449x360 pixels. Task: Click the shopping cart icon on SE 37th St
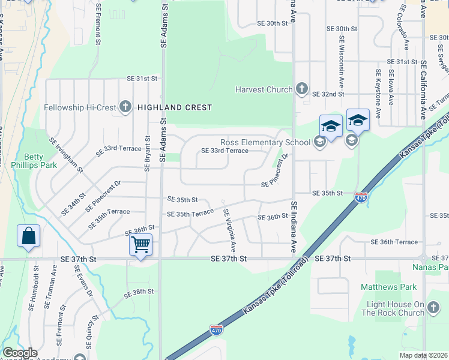pyautogui.click(x=140, y=244)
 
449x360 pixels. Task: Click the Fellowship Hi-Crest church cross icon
pyautogui.click(x=125, y=107)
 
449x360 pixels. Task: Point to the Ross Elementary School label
pyautogui.click(x=265, y=142)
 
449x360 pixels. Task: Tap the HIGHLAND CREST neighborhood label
pyautogui.click(x=175, y=107)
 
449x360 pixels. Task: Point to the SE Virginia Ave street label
pyautogui.click(x=230, y=230)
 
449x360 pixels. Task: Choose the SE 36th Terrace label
pyautogui.click(x=394, y=242)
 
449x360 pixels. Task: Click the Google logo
pyautogui.click(x=20, y=353)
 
